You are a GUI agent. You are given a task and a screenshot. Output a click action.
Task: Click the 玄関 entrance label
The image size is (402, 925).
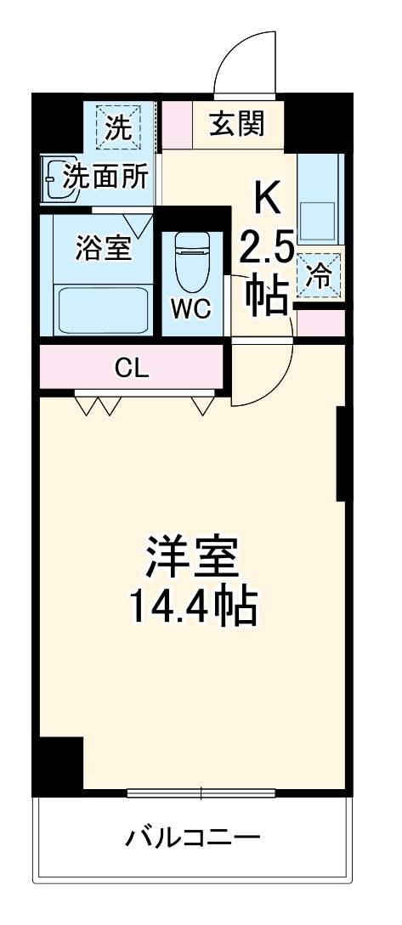238,125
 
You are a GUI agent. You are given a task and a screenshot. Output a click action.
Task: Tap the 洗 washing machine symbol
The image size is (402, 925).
118,127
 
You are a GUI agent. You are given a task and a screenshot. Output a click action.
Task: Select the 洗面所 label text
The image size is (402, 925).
106,177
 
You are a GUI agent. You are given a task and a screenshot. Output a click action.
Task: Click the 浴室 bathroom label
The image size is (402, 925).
103,248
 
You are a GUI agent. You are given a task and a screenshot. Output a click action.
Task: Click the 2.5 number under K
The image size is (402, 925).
266,249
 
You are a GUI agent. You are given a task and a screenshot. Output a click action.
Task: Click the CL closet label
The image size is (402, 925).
132,369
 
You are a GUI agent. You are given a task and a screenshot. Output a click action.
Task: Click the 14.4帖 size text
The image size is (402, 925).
192,606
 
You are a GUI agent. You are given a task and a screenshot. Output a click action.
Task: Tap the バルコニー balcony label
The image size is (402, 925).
192,839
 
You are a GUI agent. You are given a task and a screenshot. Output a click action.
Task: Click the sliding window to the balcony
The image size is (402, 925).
201,794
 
